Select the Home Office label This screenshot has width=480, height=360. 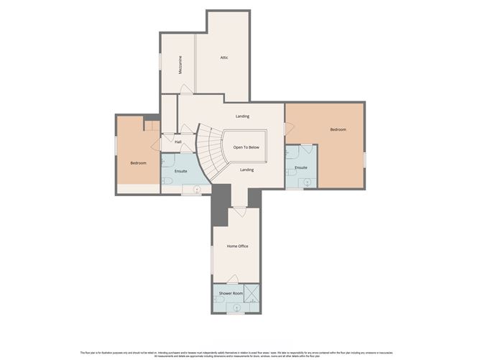pos(237,246)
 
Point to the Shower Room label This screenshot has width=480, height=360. pos(231,293)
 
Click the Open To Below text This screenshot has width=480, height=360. pos(246,146)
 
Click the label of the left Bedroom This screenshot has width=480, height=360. pos(138,163)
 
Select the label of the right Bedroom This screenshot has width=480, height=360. pos(338,129)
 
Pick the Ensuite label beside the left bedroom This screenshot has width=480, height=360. pos(181,172)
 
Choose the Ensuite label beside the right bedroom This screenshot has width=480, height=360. pos(301,167)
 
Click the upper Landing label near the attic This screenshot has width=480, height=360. pos(242,116)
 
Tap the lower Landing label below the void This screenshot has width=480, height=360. pos(246,170)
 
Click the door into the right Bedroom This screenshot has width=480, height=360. pos(287,129)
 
